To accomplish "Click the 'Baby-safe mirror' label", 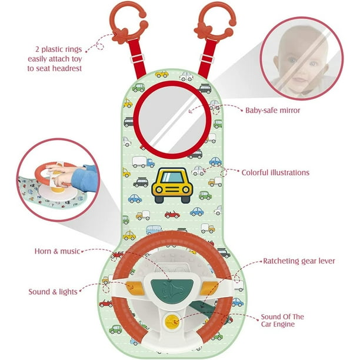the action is pos(272,111).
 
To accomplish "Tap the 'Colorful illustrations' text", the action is pos(275,172).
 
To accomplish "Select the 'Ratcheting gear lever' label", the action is pos(299,261).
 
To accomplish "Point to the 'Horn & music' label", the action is pos(57,251).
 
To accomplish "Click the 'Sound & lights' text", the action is pos(53,292).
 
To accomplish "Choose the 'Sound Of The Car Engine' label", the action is pos(282,321).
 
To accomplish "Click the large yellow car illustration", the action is pos(172,185).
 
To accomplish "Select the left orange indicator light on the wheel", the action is pos(135,288).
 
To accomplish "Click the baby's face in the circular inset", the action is pos(301,60).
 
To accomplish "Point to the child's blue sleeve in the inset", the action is pos(85,178).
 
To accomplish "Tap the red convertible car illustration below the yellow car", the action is pos(172,215).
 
